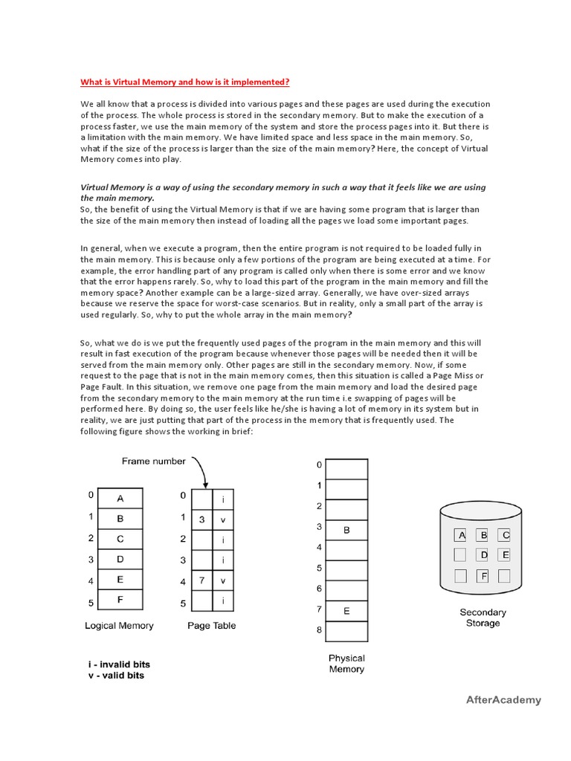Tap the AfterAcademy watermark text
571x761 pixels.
pos(503,699)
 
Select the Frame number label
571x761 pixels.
pos(154,461)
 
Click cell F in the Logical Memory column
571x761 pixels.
pos(120,598)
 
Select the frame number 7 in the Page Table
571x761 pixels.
pos(202,579)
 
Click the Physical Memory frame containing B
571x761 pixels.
pos(346,530)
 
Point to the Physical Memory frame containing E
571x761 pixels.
pos(346,611)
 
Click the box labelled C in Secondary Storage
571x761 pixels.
pos(506,534)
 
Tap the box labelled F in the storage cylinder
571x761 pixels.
pos(483,574)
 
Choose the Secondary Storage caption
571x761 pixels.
pos(483,618)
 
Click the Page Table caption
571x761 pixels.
pos(212,626)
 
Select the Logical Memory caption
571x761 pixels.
pos(119,626)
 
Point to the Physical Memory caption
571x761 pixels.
pos(346,664)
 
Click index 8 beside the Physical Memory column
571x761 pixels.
pos(319,630)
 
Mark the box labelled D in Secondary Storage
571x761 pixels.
pos(483,554)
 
